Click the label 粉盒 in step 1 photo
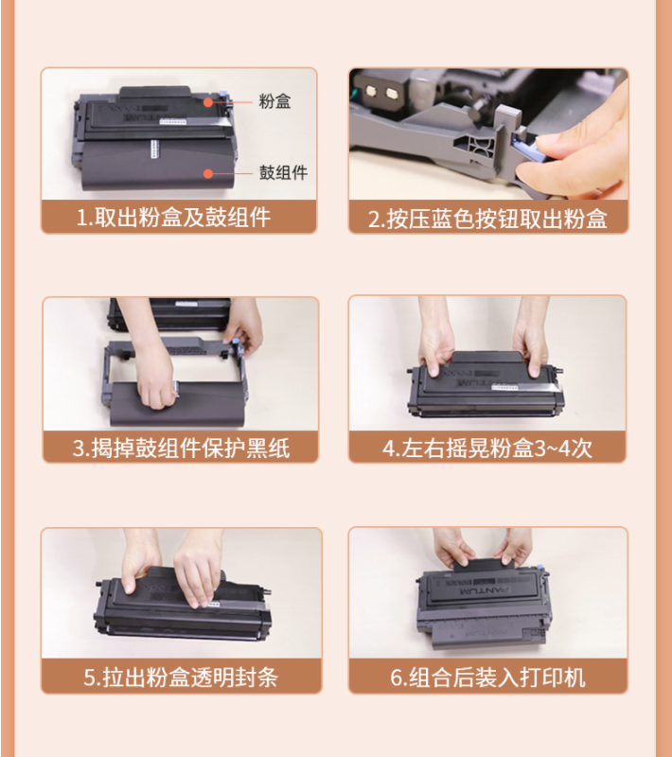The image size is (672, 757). point(274,101)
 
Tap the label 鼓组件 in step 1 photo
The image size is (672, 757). point(283,172)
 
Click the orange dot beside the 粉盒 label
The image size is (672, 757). point(208,102)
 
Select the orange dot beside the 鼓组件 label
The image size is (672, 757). point(208,173)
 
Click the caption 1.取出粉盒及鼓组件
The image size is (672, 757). point(174,218)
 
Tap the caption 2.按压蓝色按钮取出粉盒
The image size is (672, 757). point(487,220)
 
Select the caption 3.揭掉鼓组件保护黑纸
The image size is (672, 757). point(181,448)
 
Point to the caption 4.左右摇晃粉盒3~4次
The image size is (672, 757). point(487,448)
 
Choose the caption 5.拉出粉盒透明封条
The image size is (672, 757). point(181,677)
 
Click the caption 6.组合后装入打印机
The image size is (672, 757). point(487,677)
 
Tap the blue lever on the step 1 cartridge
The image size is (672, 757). point(223,95)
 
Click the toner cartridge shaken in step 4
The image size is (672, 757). point(486,385)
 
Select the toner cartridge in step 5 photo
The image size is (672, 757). point(183,606)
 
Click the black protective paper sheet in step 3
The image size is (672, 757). point(176,404)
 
